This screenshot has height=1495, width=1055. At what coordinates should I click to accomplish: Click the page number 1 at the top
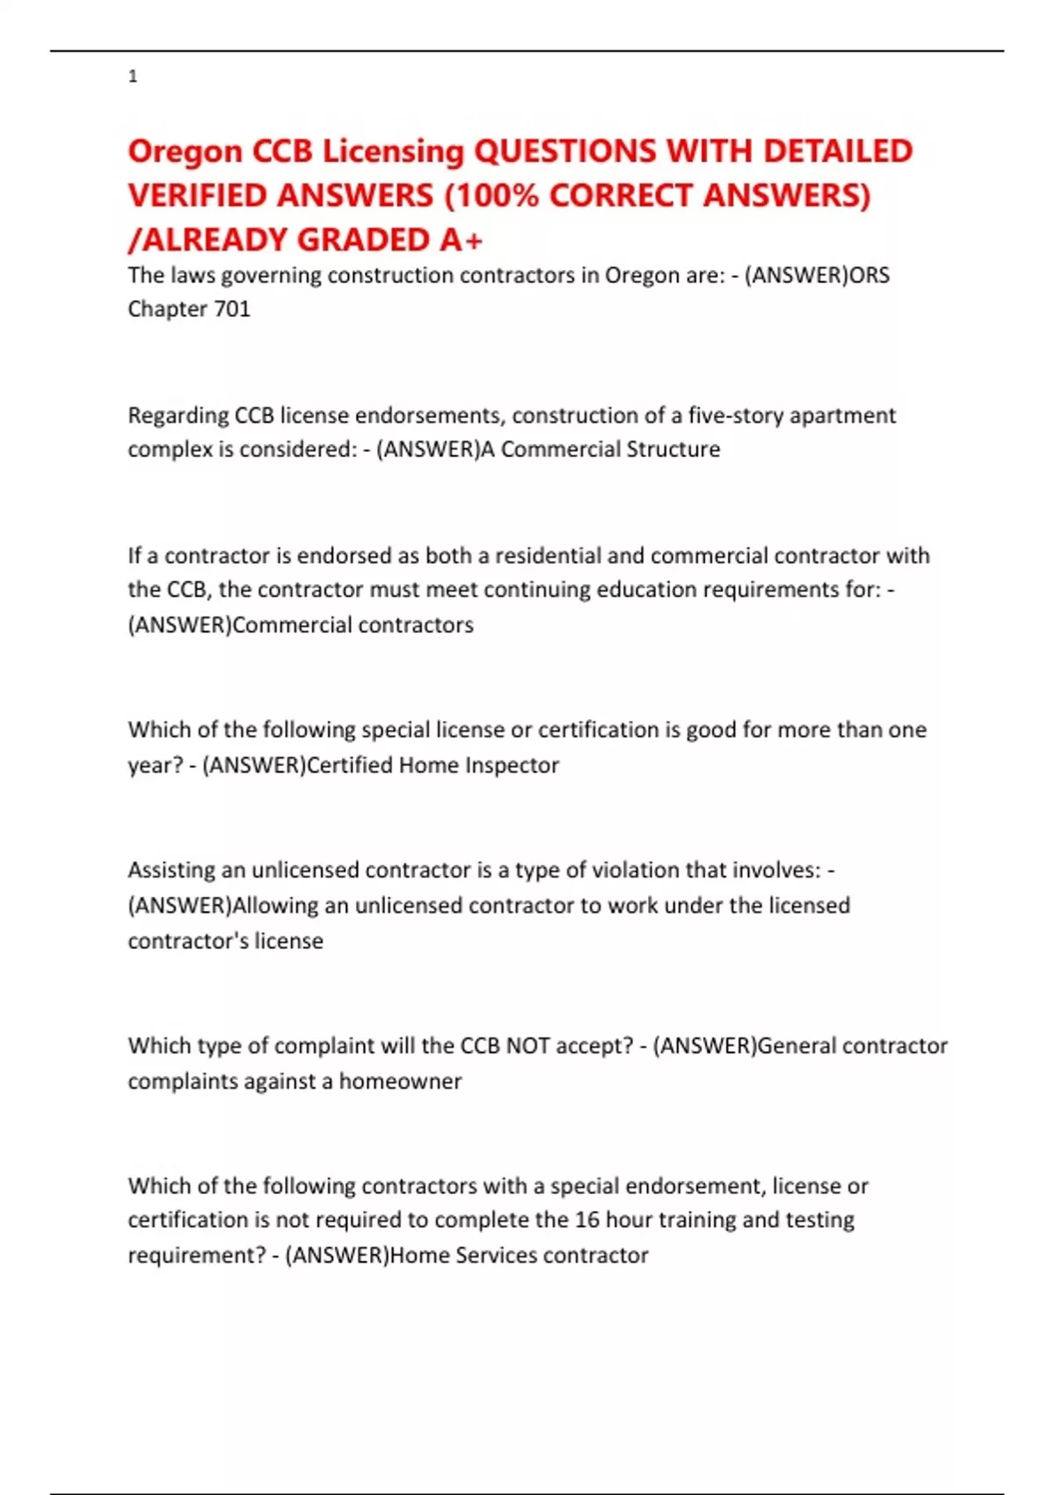pyautogui.click(x=133, y=77)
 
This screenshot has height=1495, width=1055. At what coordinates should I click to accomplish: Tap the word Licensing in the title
pyautogui.click(x=393, y=151)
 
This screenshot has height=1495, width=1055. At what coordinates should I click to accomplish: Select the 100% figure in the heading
pyautogui.click(x=495, y=195)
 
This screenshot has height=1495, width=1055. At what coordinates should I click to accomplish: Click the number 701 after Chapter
pyautogui.click(x=233, y=309)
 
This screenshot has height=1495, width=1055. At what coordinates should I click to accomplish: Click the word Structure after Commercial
pyautogui.click(x=673, y=449)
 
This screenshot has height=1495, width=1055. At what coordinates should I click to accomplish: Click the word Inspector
pyautogui.click(x=512, y=765)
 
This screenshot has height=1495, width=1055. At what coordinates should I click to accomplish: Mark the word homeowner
pyautogui.click(x=400, y=1081)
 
